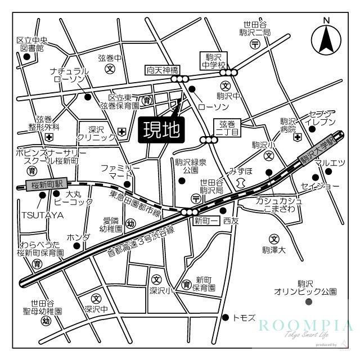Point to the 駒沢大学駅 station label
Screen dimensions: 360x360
coord(321,148)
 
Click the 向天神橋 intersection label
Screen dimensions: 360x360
coord(163,70)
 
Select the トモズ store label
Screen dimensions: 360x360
coord(243,318)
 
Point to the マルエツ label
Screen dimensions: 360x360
coord(329,163)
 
